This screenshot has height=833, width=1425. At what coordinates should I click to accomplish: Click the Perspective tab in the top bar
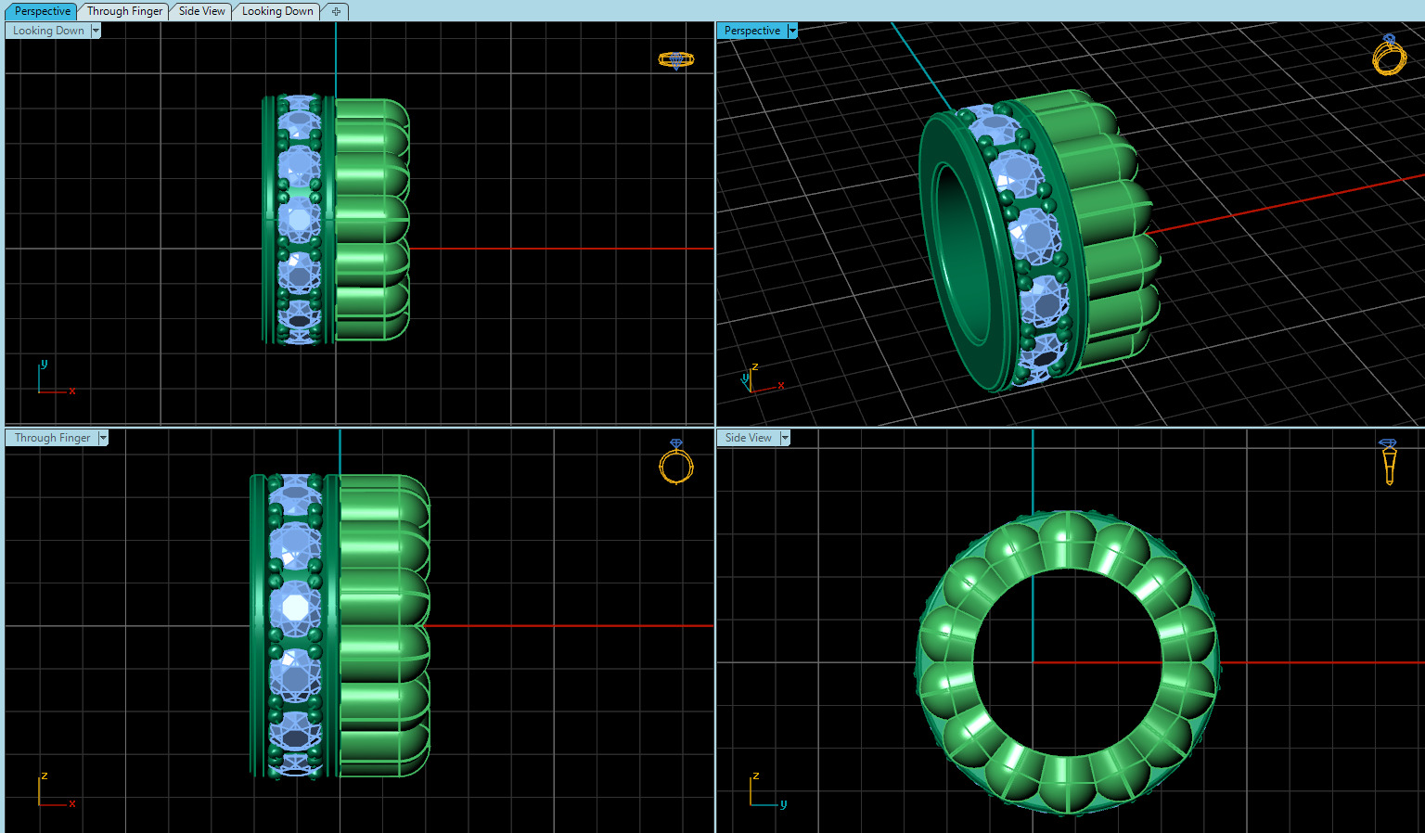[43, 11]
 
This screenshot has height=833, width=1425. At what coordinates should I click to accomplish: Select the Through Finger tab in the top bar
[124, 11]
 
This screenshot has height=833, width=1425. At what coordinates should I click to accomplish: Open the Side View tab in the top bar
[201, 11]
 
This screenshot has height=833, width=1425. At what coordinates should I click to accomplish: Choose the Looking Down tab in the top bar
[276, 11]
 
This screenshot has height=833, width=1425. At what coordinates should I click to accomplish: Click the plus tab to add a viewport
[336, 11]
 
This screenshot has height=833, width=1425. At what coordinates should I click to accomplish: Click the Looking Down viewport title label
[48, 31]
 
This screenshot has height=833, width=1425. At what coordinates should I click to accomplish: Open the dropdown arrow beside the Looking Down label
[96, 31]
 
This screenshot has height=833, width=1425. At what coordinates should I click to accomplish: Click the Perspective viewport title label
[751, 31]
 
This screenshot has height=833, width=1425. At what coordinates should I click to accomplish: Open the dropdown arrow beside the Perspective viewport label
[792, 31]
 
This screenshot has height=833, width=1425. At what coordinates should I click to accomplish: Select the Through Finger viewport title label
[52, 438]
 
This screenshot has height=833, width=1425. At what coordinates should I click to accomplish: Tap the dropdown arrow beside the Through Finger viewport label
[103, 438]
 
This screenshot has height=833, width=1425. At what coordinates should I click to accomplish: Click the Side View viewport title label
[748, 438]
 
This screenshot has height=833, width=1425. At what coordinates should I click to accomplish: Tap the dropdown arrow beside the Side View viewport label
[785, 438]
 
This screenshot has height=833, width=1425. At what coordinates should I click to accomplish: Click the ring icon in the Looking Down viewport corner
[675, 60]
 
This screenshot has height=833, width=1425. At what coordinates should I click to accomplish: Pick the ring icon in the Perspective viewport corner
[1389, 56]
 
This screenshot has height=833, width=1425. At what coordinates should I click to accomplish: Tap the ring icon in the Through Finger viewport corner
[676, 462]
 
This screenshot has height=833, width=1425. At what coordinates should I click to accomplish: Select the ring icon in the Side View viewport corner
[1388, 461]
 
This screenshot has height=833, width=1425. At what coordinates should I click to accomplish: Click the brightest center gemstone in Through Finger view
[295, 608]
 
